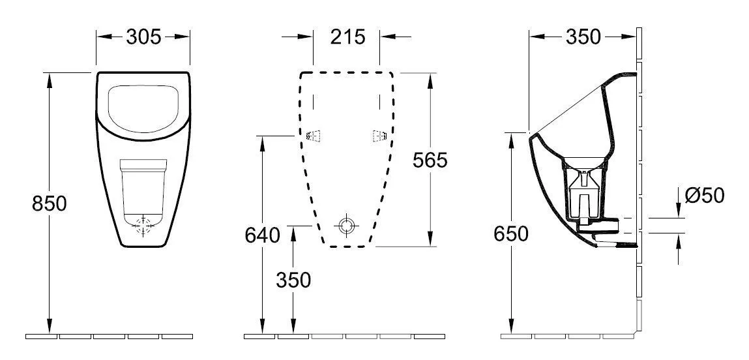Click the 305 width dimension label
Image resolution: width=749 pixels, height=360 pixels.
coord(143,37)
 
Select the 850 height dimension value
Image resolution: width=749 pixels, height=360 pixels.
coord(50,203)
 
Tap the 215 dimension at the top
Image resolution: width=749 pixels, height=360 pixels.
coord(347,37)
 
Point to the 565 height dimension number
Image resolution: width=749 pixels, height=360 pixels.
coord(430,160)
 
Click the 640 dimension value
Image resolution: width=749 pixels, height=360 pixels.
coord(263,234)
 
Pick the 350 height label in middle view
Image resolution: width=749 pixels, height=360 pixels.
coord(293,280)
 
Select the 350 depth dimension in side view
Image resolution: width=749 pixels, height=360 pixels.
coord(582,37)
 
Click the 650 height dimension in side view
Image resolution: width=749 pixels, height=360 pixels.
coord(510,233)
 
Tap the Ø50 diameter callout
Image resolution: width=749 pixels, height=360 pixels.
coord(705,195)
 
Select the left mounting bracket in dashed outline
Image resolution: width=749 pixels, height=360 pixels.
coord(314,136)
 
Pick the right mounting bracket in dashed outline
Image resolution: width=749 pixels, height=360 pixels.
coord(379,136)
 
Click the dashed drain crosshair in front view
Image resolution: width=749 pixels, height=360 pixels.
coord(145,226)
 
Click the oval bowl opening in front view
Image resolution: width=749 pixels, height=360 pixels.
coord(144,106)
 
